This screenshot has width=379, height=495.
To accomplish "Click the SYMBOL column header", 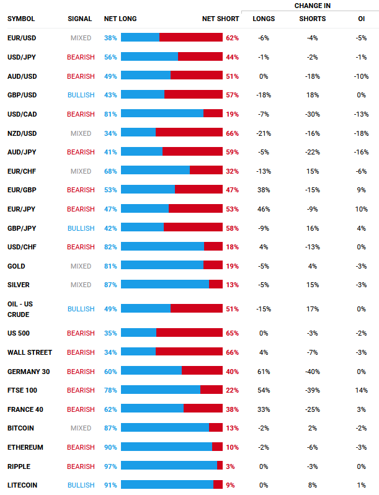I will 21,19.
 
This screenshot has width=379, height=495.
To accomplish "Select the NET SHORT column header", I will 220,19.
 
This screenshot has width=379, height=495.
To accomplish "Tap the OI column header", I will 361,19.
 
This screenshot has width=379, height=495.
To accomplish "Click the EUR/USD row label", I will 22,38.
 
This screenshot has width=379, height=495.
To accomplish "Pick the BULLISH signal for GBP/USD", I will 81,95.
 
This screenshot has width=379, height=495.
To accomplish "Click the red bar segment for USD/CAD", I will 213,114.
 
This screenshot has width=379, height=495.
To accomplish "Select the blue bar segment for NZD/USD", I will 138,133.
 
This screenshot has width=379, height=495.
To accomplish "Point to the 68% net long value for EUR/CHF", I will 110,171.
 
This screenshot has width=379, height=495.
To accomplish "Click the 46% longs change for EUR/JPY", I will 264,209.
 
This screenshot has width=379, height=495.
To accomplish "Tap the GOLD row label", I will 16,266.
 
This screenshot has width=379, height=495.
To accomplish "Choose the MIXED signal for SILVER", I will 81,285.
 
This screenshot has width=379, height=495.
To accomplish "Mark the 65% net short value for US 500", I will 232,333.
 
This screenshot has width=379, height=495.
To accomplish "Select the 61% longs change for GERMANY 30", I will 264,372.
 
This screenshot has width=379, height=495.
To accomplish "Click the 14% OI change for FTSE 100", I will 361,390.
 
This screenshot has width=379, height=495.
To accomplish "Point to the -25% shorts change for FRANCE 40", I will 312,409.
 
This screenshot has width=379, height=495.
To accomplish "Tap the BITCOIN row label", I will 20,428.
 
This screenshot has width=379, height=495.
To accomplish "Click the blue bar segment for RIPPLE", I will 169,466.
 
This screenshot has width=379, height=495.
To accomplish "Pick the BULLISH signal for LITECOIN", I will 81,485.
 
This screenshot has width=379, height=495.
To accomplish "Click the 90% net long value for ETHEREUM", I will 110,447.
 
